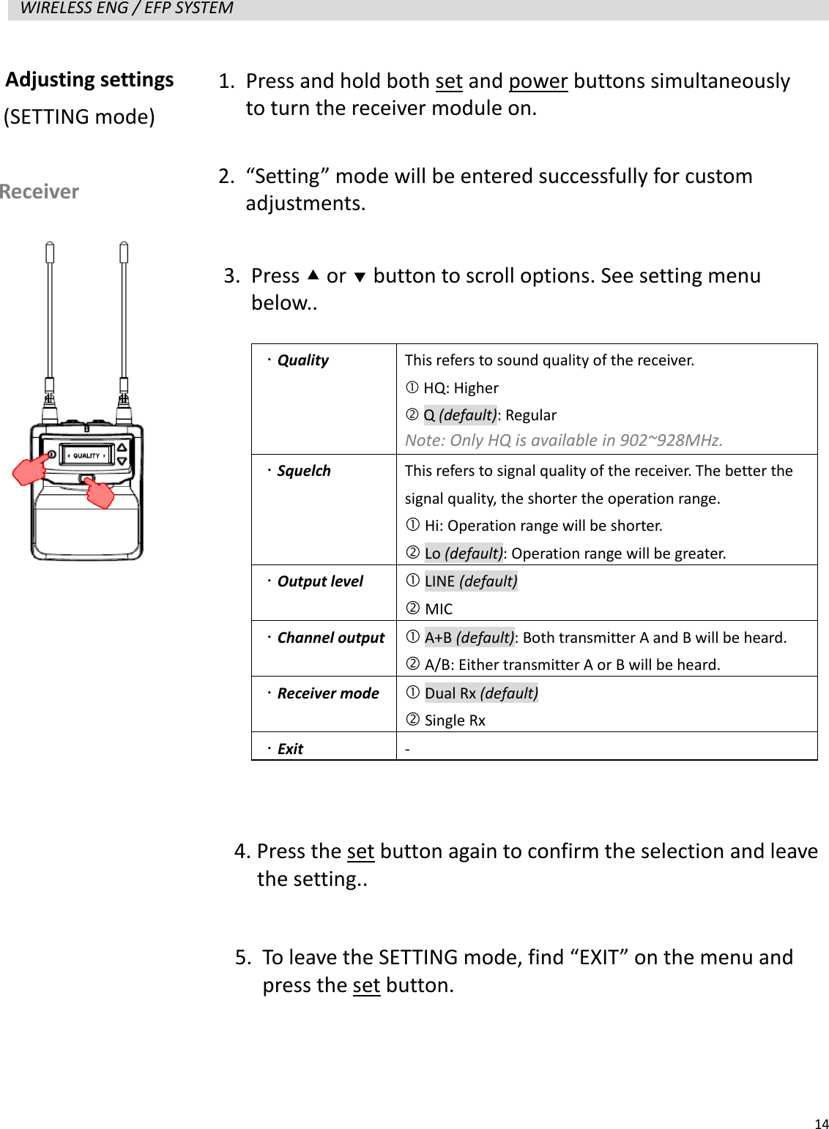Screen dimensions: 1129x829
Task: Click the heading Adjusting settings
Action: tap(89, 79)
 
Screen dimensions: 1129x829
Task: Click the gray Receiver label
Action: tap(40, 192)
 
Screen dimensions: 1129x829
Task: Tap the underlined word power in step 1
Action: tap(538, 81)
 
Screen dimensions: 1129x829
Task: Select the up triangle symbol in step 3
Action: tap(313, 275)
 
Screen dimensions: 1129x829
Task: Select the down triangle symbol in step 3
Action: tap(359, 277)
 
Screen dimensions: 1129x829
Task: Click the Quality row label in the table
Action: tap(302, 360)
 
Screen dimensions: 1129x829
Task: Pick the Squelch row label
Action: tap(303, 471)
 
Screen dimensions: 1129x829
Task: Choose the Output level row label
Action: tap(320, 581)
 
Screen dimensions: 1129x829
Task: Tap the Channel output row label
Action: tap(330, 638)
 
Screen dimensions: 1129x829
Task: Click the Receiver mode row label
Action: tap(327, 693)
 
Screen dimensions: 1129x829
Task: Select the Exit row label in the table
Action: tap(290, 749)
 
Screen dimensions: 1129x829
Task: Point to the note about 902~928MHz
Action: tap(563, 440)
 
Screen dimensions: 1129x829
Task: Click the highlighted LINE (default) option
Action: tap(471, 581)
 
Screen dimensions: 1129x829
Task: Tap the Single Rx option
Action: tap(454, 720)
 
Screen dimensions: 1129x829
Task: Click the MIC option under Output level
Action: tap(439, 609)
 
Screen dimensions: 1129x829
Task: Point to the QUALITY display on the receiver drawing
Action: tap(86, 455)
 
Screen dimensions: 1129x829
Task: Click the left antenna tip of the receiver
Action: tap(50, 251)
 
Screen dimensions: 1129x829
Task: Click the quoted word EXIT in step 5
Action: tap(598, 958)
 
